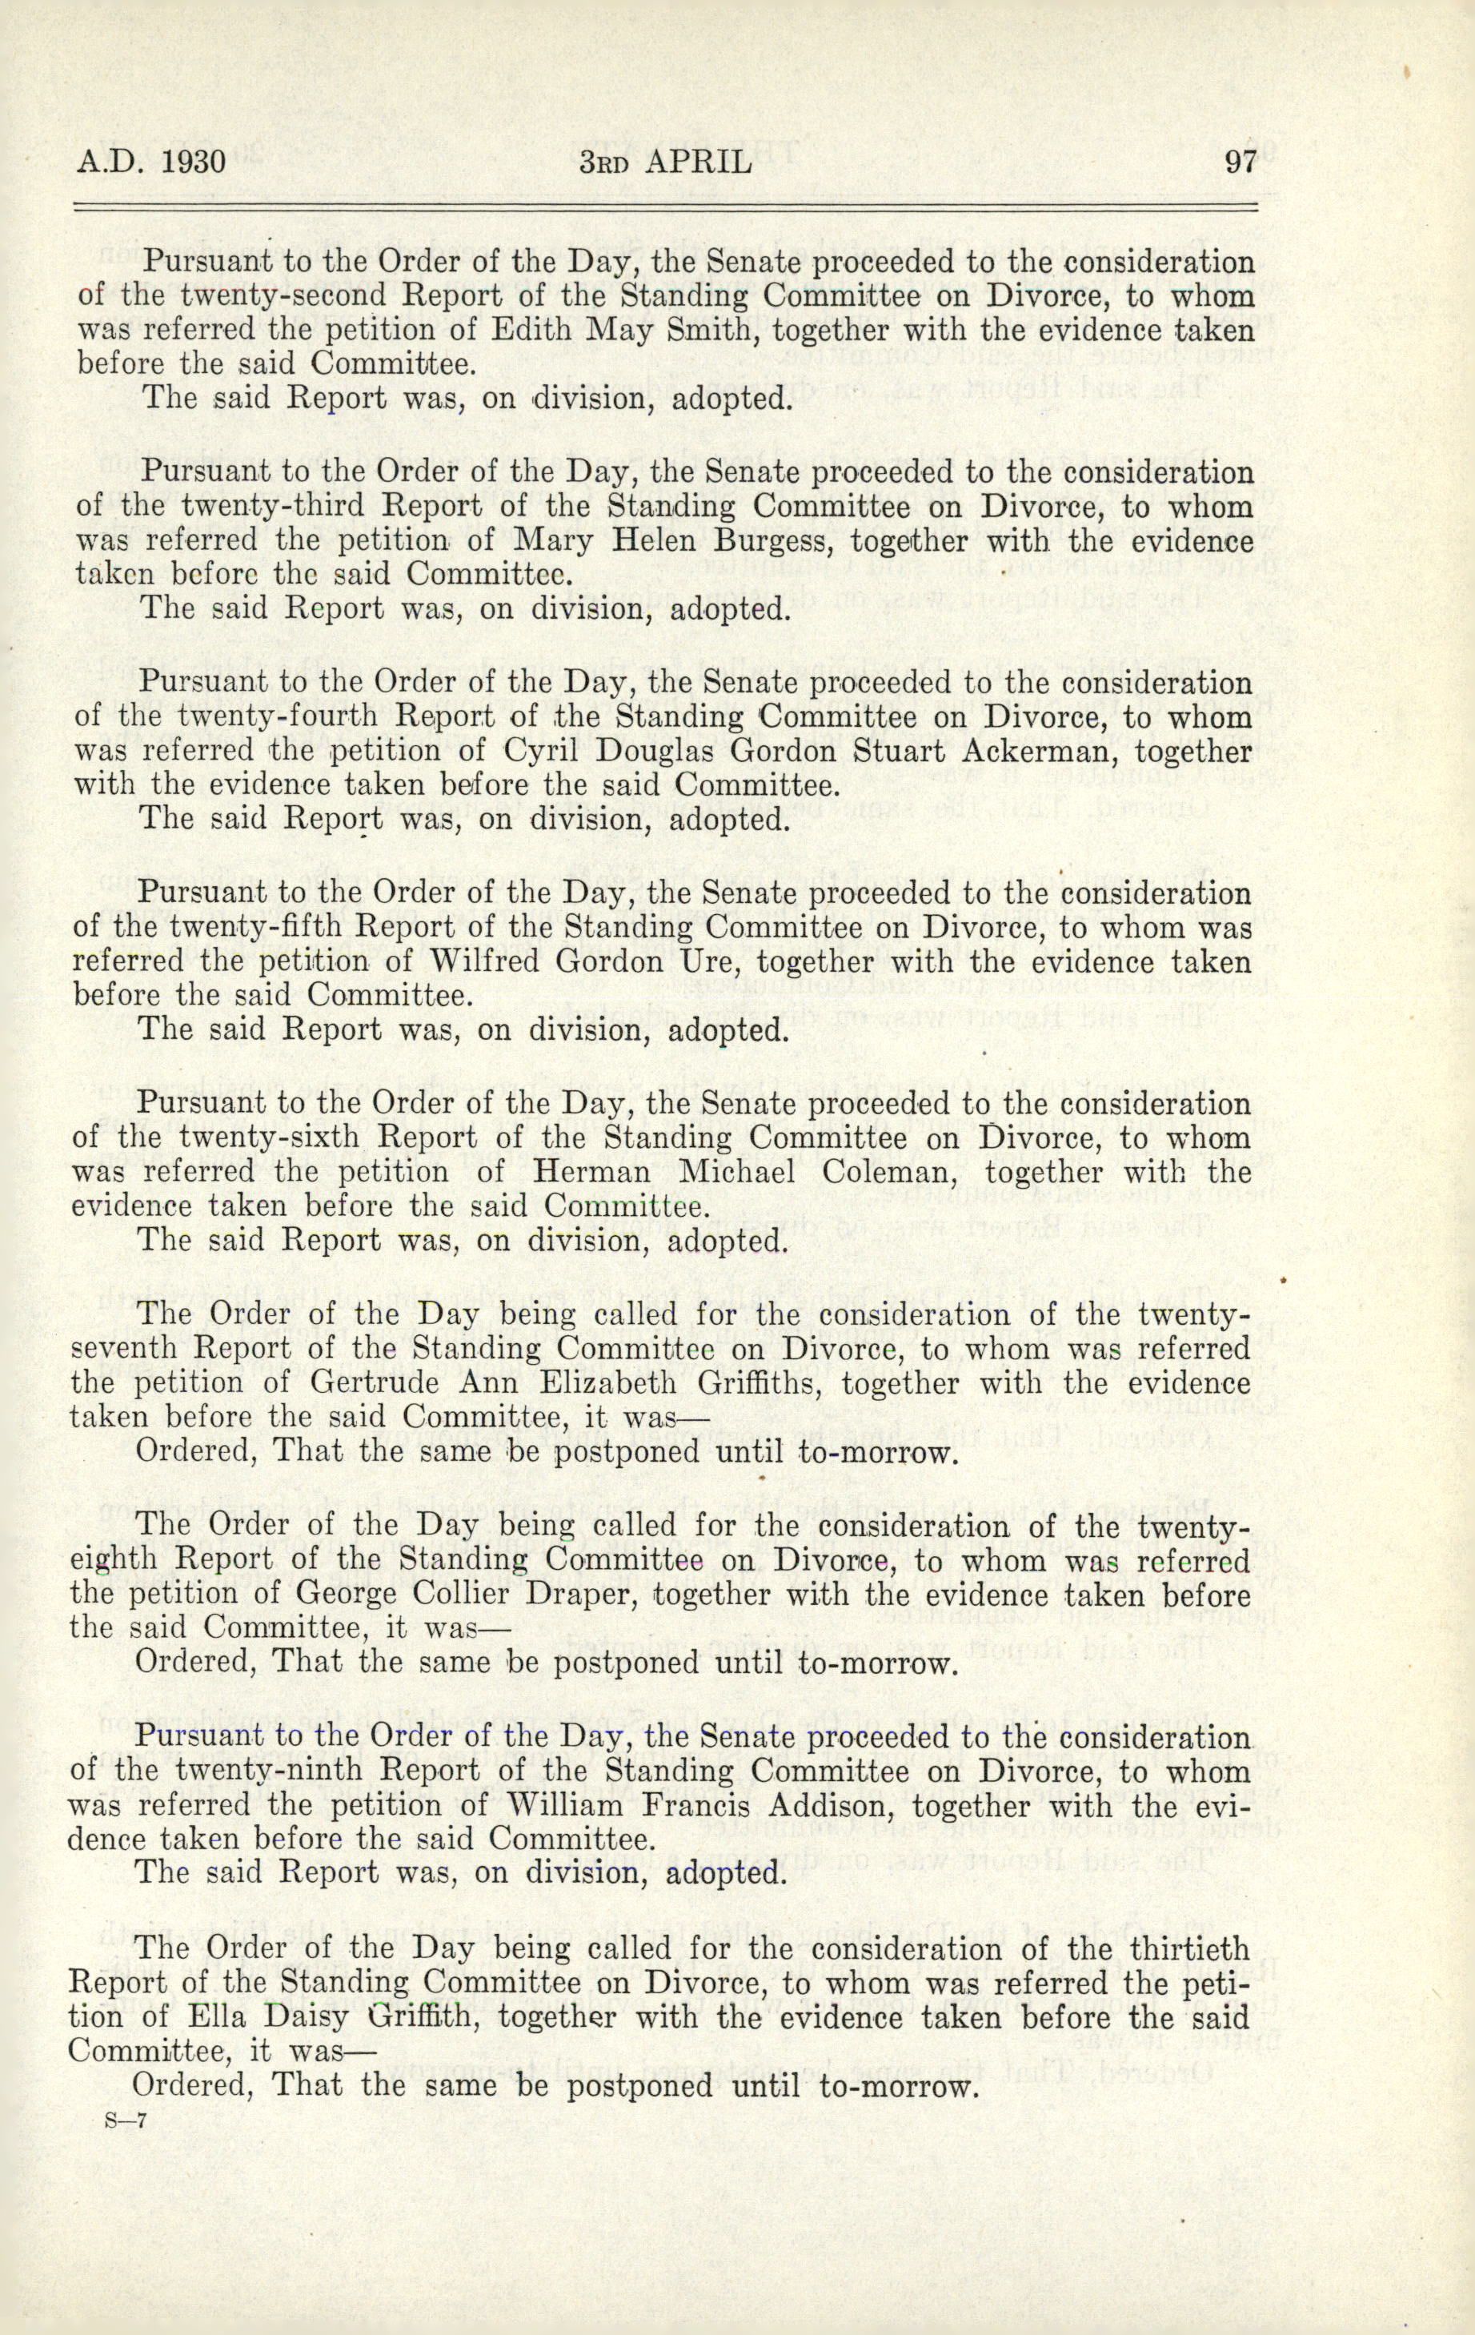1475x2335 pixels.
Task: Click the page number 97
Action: coord(1240,161)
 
